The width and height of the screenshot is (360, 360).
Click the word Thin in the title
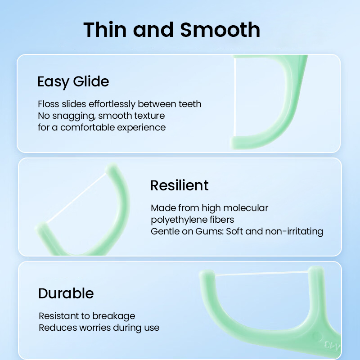pos(105,29)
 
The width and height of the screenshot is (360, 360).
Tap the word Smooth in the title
pos(220,29)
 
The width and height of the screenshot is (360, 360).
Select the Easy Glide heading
pos(73,82)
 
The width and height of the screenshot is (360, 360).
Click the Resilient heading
pos(179,185)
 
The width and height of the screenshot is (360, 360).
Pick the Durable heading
pos(66,293)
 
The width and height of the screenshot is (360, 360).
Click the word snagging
pos(74,116)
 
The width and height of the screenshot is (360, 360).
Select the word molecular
pos(246,208)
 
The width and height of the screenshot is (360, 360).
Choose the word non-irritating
pos(294,231)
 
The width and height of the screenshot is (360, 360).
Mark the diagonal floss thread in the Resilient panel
pos(76,198)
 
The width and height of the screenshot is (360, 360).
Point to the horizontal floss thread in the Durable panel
pos(262,273)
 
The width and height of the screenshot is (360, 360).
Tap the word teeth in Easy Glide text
pos(190,104)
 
